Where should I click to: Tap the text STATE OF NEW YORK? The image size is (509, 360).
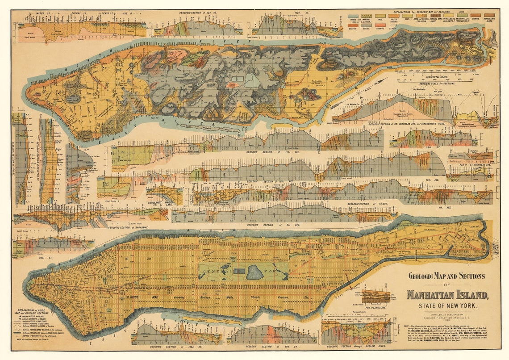447,306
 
